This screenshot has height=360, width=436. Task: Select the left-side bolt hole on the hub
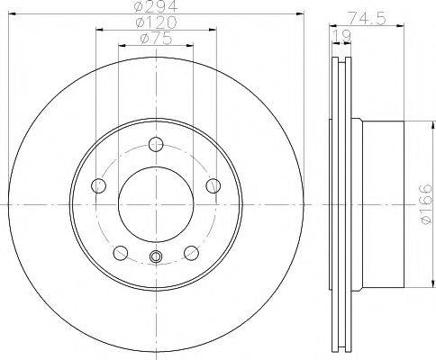click(99, 185)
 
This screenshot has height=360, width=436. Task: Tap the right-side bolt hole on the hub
click(213, 185)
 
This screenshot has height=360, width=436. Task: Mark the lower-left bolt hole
click(121, 250)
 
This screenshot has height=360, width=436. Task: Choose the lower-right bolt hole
click(191, 250)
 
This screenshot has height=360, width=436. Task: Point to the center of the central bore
click(156, 203)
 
